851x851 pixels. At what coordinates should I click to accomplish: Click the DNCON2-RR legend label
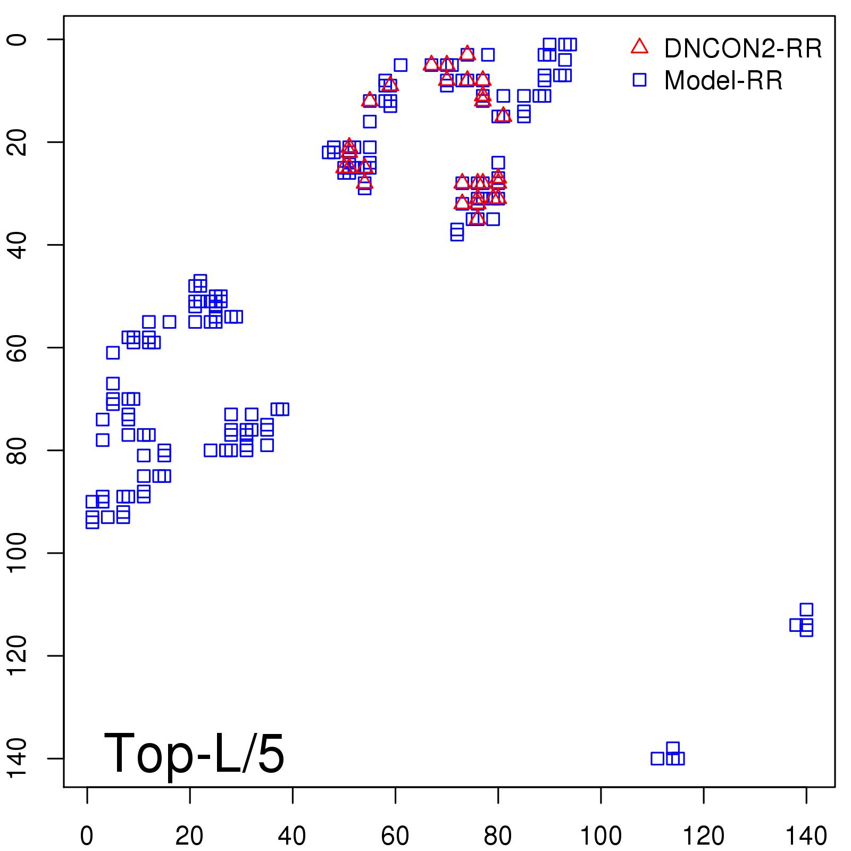pyautogui.click(x=742, y=49)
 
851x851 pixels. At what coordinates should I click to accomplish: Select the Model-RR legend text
pyautogui.click(x=723, y=81)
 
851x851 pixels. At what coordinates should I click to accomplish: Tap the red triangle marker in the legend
pyautogui.click(x=639, y=47)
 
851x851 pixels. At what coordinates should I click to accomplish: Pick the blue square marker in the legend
pyautogui.click(x=639, y=80)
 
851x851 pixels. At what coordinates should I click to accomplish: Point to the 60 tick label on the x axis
pyautogui.click(x=395, y=836)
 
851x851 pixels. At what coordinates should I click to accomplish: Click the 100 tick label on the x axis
pyautogui.click(x=600, y=836)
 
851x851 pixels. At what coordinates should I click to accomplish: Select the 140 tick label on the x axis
pyautogui.click(x=806, y=836)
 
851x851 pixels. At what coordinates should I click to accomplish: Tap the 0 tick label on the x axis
pyautogui.click(x=87, y=836)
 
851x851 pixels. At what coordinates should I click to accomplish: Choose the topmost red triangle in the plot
pyautogui.click(x=467, y=53)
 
